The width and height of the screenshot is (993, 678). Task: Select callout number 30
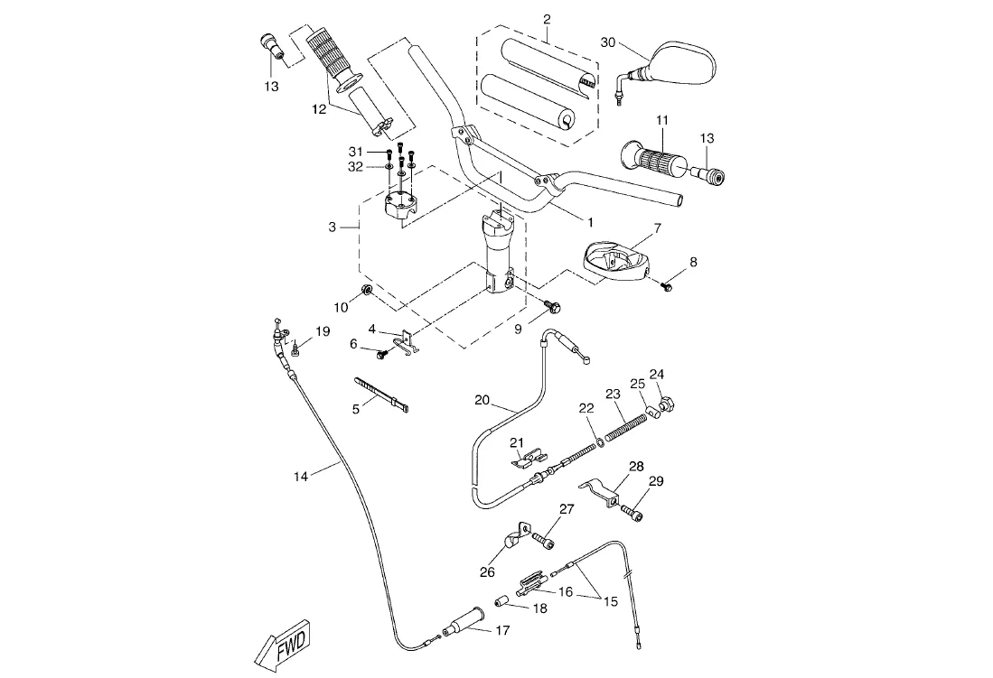[607, 42]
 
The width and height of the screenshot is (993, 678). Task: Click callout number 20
[481, 399]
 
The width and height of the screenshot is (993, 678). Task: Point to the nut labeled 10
[367, 290]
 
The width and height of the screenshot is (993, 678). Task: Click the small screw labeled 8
[668, 286]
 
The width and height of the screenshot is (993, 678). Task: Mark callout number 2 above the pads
[546, 18]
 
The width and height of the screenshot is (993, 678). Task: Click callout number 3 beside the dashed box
[332, 228]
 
